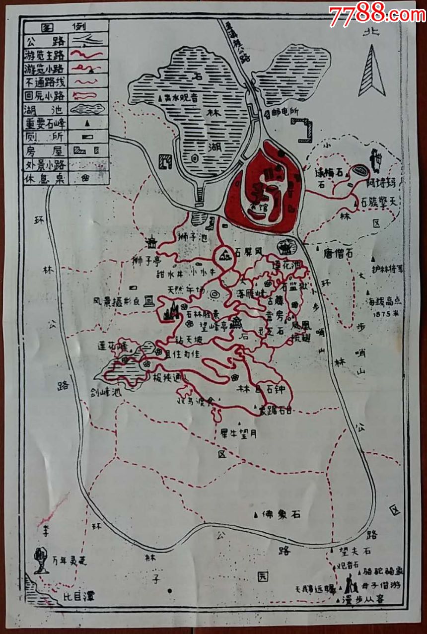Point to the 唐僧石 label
[x=338, y=254]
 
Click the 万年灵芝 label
[x=70, y=561]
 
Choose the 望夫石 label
[x=355, y=551]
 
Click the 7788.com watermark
[x=376, y=14]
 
